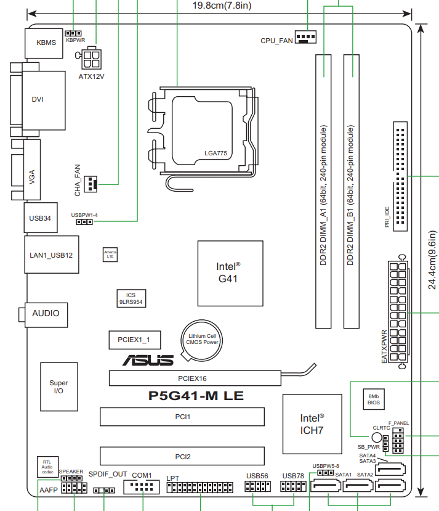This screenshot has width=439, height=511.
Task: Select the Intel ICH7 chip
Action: tap(312, 423)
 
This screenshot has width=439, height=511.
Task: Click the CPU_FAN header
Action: tap(305, 38)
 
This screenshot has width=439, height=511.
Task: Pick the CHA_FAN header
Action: tap(92, 183)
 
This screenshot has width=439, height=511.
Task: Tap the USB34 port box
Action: tap(40, 218)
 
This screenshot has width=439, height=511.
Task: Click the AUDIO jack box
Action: tap(46, 313)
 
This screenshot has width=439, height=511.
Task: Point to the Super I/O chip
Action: tap(58, 387)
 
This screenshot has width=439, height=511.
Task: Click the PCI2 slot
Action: tap(182, 457)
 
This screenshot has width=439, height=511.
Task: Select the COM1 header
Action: tap(141, 487)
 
